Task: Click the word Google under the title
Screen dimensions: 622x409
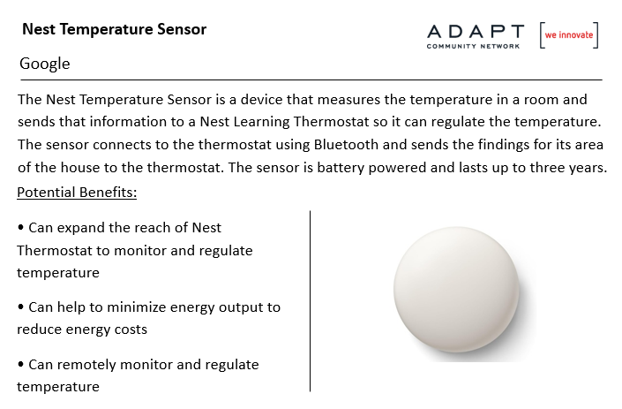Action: point(45,64)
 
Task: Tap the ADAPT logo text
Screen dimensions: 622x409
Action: point(476,32)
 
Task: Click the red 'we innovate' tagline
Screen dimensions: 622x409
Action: point(569,35)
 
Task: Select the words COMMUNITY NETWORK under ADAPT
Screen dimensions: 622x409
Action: point(473,47)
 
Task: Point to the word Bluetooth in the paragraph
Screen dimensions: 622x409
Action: point(346,145)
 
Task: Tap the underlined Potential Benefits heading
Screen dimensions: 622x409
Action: point(77,193)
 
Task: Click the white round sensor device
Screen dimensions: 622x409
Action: point(456,290)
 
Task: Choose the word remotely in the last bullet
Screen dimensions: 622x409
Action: point(86,365)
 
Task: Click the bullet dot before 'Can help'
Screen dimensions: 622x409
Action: point(20,307)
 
